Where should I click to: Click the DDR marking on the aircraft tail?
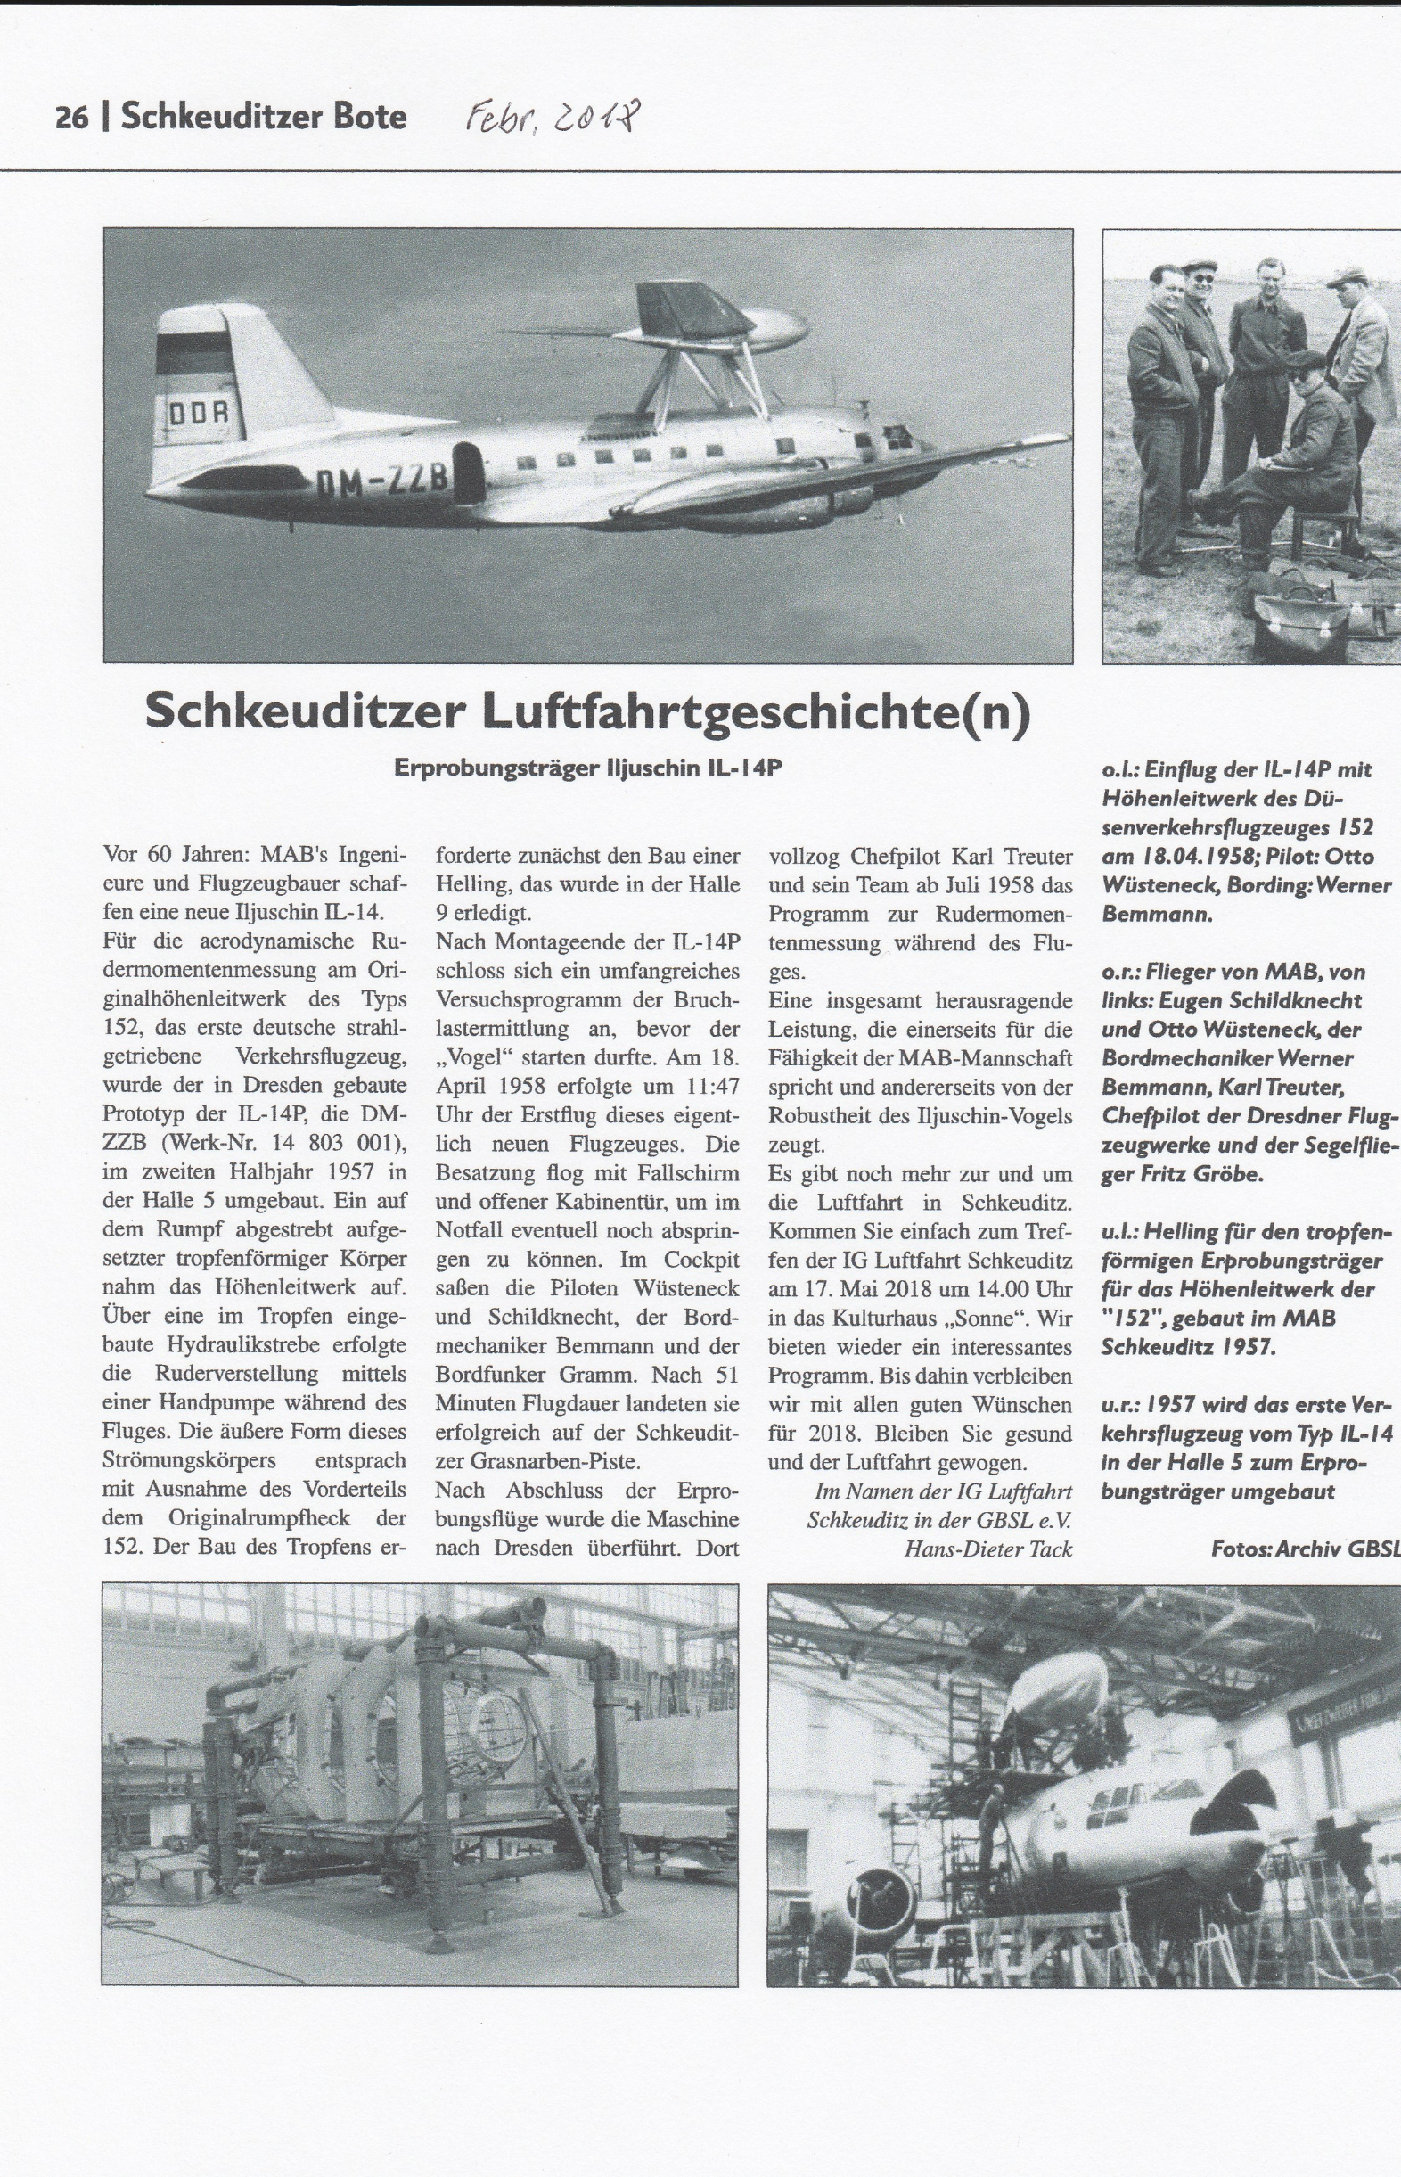[x=206, y=414]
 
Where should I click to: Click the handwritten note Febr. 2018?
[x=554, y=118]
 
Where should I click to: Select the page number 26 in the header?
[x=71, y=119]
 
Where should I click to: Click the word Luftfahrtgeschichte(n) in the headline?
[x=756, y=711]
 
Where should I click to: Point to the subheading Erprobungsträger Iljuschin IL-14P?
[x=587, y=768]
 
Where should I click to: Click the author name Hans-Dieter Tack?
[x=988, y=1549]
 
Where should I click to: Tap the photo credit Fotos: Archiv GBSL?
[x=1306, y=1549]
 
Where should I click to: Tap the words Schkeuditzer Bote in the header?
[x=264, y=118]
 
